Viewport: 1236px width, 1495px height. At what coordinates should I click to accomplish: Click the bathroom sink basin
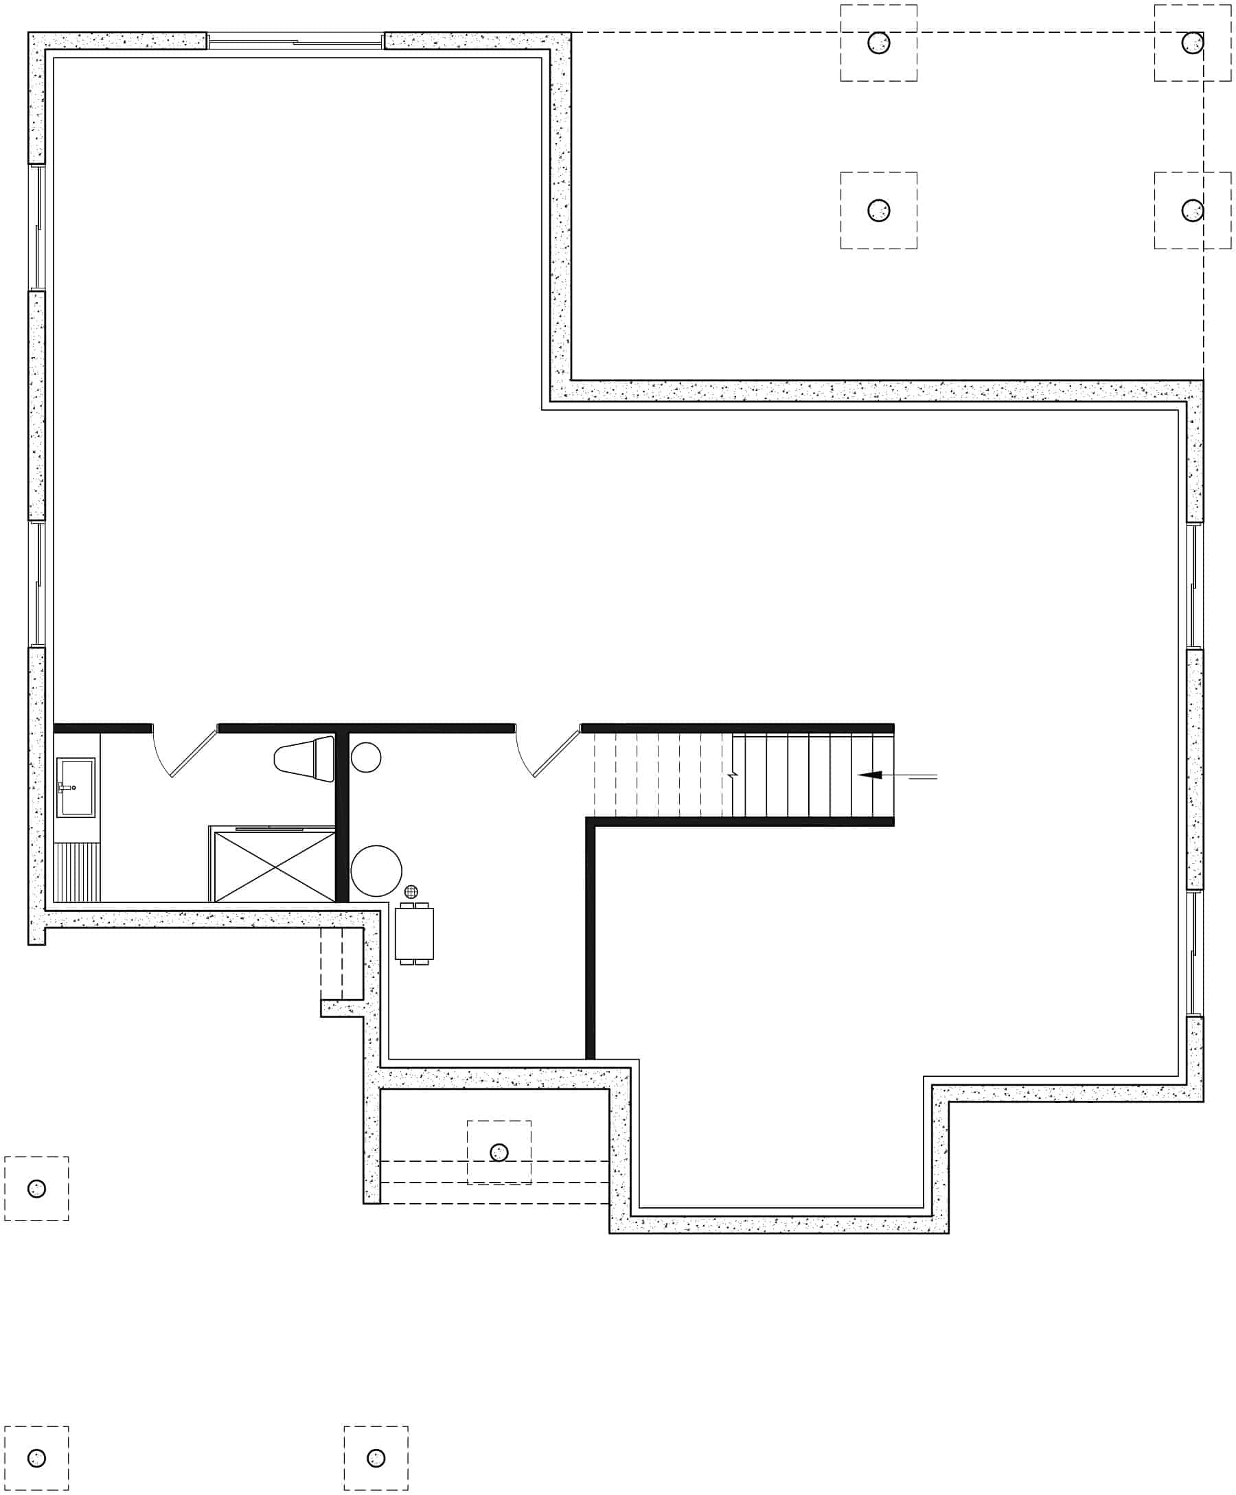coord(76,787)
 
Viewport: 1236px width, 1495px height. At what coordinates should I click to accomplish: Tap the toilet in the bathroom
coord(305,758)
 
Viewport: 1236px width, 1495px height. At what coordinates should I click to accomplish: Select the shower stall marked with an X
coord(274,867)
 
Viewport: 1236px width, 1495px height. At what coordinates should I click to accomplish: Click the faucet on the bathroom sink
coord(66,788)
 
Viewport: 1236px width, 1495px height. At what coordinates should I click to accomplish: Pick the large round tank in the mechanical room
coord(376,870)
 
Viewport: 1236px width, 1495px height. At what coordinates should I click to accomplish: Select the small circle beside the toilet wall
coord(366,757)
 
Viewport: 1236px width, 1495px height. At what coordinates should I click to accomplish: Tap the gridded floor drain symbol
coord(411,891)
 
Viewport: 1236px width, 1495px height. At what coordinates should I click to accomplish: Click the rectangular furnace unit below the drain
coord(414,933)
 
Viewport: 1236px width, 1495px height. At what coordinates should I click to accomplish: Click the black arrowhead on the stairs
coord(870,775)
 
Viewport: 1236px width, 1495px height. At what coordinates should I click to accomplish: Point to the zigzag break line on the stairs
coord(733,774)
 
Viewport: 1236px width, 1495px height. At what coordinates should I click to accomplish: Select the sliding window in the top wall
coord(295,41)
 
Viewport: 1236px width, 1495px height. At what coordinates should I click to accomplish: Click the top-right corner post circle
coord(1193,43)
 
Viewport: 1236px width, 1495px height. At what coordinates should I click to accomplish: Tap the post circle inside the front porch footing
coord(499,1152)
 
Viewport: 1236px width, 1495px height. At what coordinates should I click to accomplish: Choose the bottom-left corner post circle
coord(36,1457)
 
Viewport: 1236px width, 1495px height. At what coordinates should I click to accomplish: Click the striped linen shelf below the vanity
coord(77,872)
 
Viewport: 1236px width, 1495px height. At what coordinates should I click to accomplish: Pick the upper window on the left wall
coord(37,228)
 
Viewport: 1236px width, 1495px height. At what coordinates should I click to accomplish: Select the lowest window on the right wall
coord(1195,952)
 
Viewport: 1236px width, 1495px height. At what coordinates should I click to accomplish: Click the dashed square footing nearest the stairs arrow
coord(878,210)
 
